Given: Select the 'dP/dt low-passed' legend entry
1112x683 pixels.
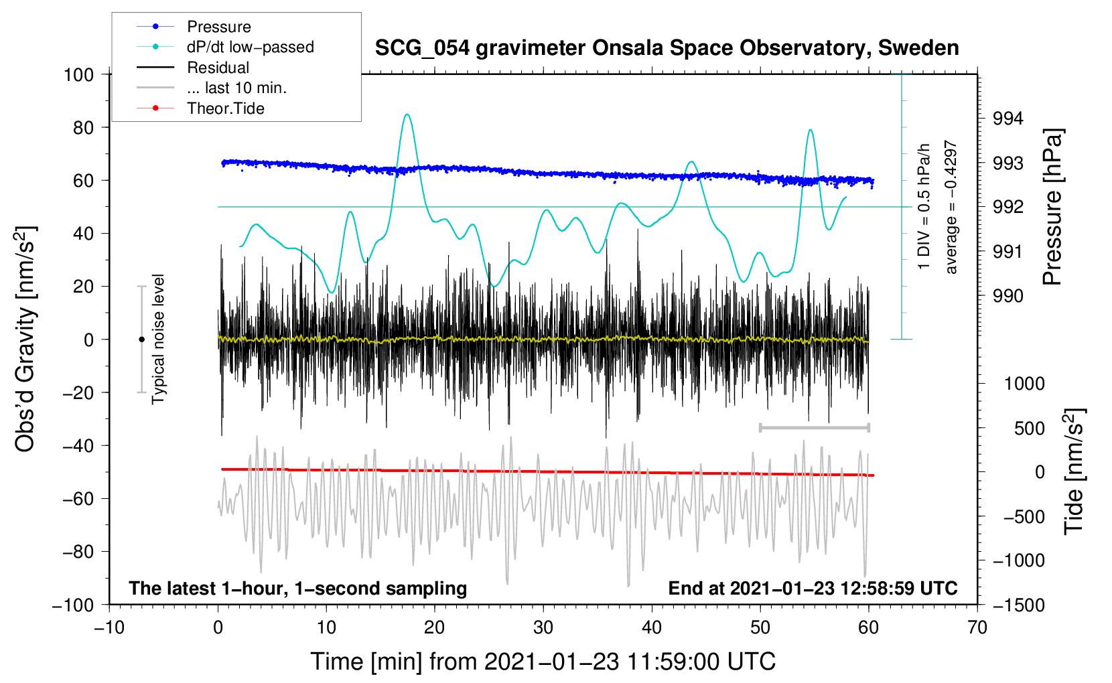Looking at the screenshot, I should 250,47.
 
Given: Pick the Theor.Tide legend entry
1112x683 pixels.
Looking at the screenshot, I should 225,108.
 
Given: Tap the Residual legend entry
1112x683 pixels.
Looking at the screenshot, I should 218,68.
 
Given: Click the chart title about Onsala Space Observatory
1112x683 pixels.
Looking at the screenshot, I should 667,48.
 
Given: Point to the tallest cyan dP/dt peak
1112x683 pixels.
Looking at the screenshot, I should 407,115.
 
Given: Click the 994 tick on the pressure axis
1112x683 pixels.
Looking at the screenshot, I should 1007,119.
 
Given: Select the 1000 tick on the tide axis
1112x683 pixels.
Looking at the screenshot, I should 1024,384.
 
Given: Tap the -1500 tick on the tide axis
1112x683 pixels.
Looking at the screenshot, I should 1018,605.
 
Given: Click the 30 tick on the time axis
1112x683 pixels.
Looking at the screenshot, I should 543,627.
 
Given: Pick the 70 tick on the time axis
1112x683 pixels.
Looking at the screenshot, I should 977,627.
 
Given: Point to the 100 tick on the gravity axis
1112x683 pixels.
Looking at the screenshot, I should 78,74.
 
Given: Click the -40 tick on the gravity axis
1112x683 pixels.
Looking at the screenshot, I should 78,445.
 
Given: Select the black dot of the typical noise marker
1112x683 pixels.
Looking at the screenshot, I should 141,339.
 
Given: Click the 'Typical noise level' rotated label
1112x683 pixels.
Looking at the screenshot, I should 158,339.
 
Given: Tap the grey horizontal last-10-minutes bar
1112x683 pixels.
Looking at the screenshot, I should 814,427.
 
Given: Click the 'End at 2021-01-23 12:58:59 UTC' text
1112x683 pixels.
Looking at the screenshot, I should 813,588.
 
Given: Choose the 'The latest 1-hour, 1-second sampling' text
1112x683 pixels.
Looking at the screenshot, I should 297,588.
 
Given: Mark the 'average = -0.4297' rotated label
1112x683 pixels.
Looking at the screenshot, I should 951,208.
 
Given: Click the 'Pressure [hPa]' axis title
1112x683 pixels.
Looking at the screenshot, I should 1053,208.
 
